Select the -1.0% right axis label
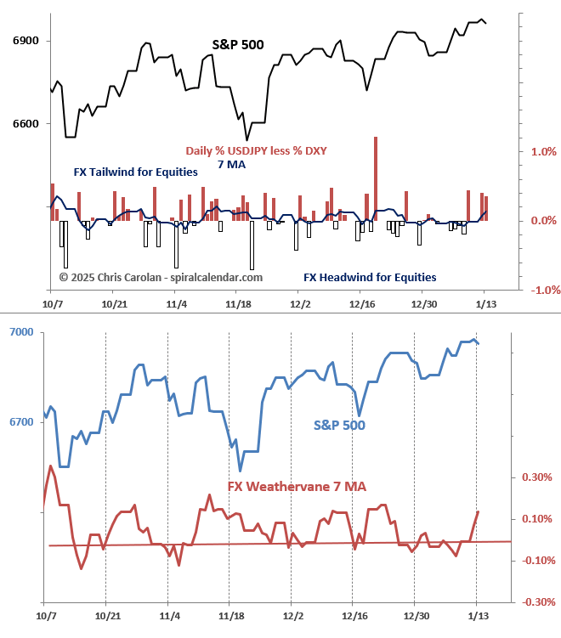click(541, 290)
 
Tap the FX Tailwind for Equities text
click(136, 172)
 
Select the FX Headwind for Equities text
click(370, 277)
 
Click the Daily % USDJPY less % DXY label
click(256, 150)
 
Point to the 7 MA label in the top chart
click(231, 164)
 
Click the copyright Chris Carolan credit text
click(161, 277)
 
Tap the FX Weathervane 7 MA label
click(297, 486)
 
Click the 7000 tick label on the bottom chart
click(20, 332)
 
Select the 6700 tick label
click(20, 422)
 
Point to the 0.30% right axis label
click(536, 477)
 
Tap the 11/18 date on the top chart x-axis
click(237, 303)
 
